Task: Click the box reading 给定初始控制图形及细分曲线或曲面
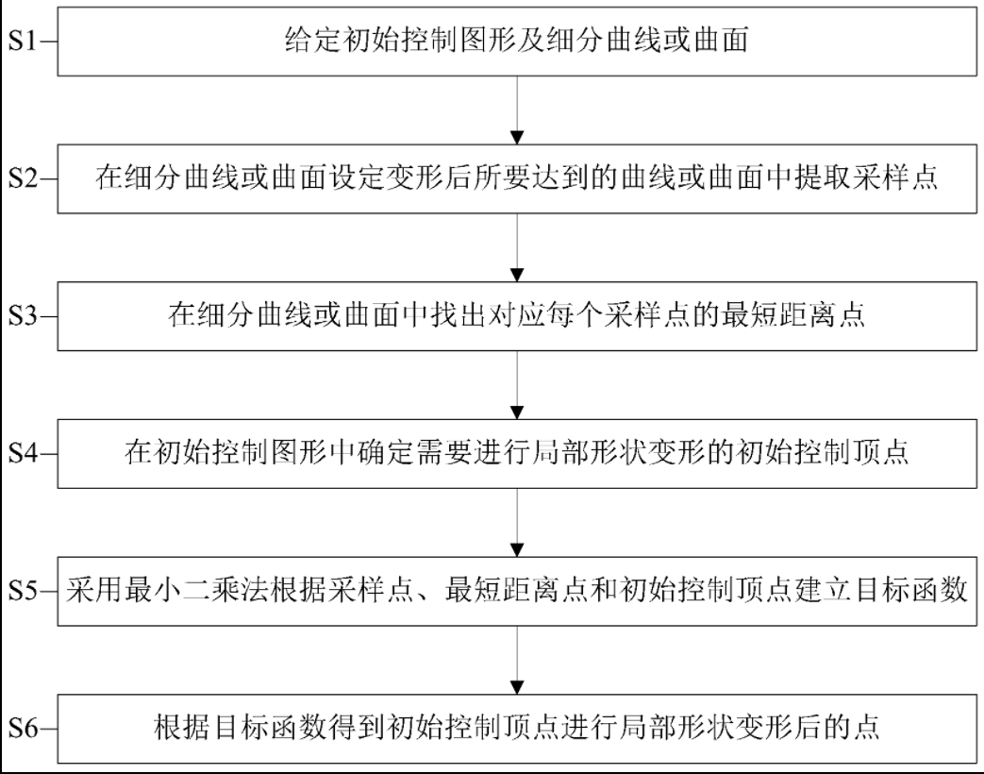(x=518, y=42)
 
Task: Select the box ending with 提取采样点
(x=518, y=179)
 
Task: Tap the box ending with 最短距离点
(x=518, y=316)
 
